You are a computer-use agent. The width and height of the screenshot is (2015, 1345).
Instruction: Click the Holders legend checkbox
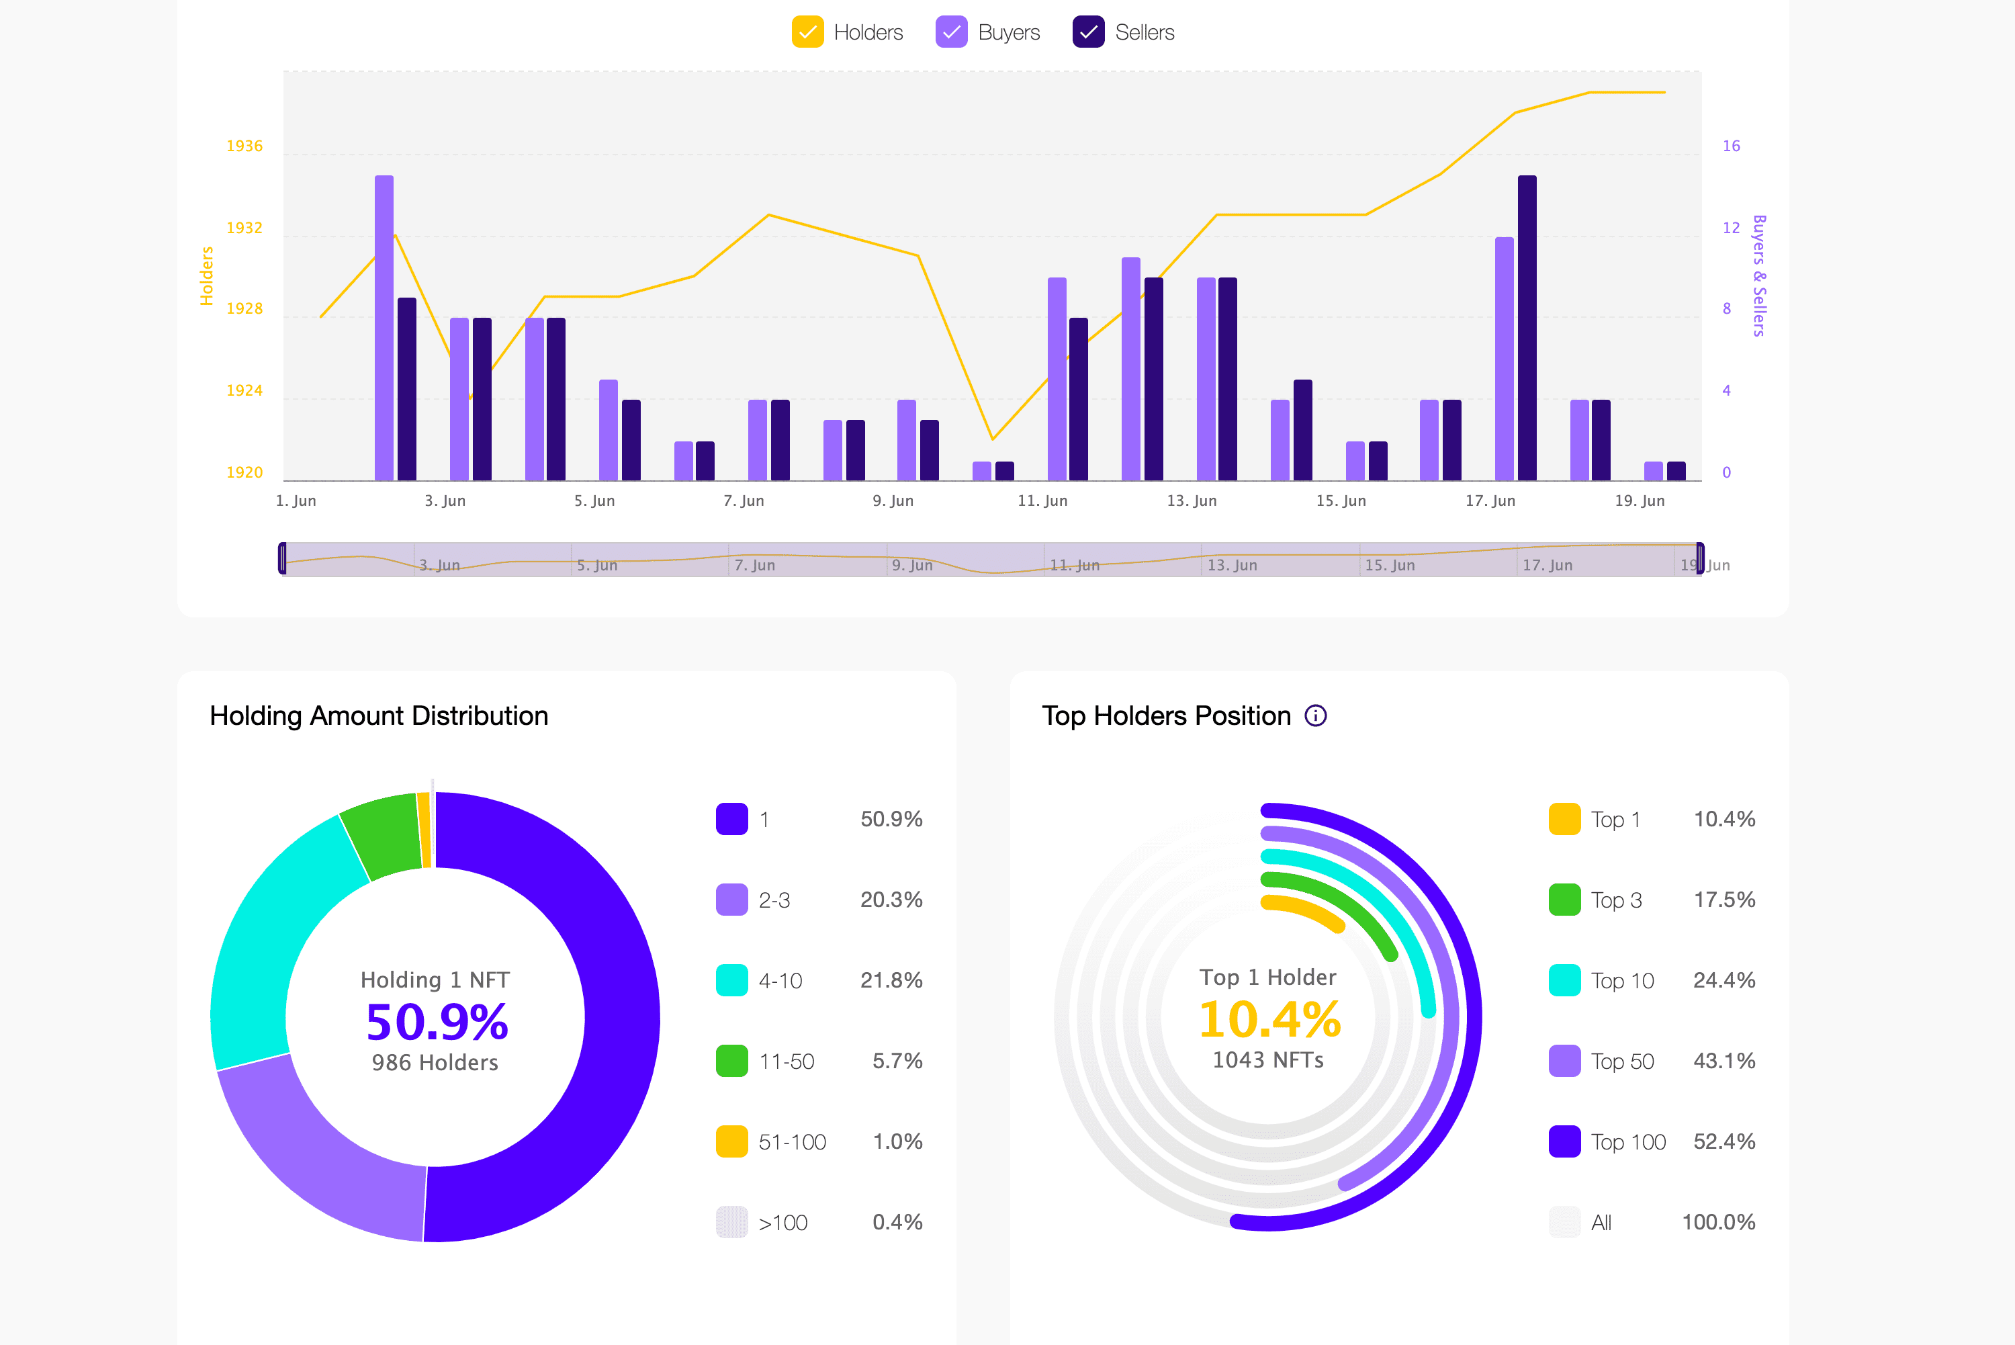pyautogui.click(x=807, y=33)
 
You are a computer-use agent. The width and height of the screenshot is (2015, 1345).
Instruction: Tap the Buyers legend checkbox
pyautogui.click(x=951, y=33)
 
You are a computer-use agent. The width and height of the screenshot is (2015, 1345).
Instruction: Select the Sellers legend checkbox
pyautogui.click(x=1088, y=33)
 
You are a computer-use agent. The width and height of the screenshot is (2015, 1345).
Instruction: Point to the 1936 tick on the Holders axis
pyautogui.click(x=244, y=146)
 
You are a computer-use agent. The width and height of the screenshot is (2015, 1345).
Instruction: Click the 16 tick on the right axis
pyautogui.click(x=1731, y=146)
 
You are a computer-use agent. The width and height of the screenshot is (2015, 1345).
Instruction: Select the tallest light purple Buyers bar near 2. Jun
pyautogui.click(x=384, y=326)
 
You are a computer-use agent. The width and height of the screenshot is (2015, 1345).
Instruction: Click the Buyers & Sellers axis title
pyautogui.click(x=1758, y=275)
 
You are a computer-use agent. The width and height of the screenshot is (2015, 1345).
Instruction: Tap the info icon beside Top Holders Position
pyautogui.click(x=1315, y=715)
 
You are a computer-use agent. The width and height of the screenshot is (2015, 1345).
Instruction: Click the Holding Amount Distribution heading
pyautogui.click(x=378, y=715)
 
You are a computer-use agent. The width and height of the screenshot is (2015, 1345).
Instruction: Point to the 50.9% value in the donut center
pyautogui.click(x=437, y=1022)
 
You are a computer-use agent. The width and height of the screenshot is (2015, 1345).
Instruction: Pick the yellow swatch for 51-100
pyautogui.click(x=731, y=1141)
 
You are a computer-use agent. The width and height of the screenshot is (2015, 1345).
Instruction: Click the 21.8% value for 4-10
pyautogui.click(x=891, y=980)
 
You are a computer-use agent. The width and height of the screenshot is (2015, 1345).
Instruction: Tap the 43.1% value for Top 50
pyautogui.click(x=1723, y=1061)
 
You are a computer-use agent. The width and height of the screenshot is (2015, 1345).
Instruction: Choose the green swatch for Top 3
pyautogui.click(x=1564, y=900)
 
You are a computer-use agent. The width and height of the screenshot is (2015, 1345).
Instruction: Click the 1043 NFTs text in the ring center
pyautogui.click(x=1267, y=1060)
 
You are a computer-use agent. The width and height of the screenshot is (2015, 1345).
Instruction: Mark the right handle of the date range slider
pyautogui.click(x=1699, y=558)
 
